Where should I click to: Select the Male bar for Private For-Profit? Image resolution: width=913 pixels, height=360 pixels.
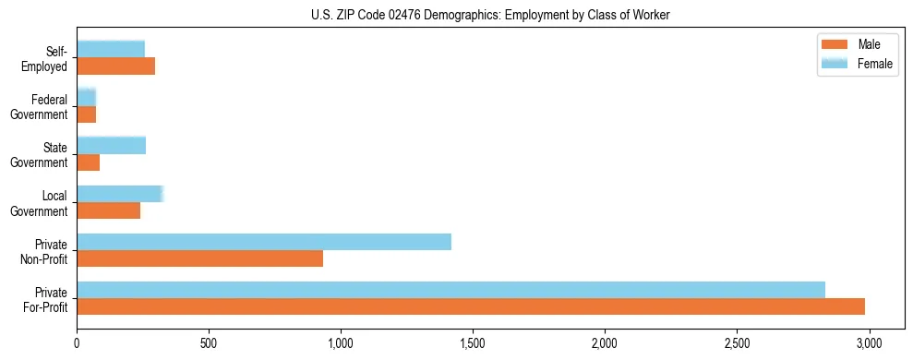(x=471, y=306)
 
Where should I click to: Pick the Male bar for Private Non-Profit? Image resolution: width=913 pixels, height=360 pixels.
(x=199, y=258)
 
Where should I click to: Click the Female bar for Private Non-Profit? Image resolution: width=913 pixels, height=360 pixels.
(x=264, y=242)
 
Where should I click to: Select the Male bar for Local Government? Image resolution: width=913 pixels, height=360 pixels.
(x=108, y=210)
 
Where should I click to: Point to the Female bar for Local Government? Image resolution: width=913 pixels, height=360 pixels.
(x=120, y=194)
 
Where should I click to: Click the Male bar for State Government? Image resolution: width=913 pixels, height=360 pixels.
(x=88, y=162)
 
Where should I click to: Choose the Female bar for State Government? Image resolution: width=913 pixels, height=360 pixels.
(x=111, y=146)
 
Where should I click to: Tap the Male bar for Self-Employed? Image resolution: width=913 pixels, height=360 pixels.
(x=115, y=66)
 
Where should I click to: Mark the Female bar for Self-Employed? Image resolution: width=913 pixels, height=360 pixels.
(x=111, y=50)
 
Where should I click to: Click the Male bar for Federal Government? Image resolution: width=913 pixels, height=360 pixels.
(x=86, y=114)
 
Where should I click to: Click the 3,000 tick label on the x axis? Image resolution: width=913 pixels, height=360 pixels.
(x=868, y=342)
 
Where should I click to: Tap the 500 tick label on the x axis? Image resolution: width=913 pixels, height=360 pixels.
(x=209, y=342)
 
